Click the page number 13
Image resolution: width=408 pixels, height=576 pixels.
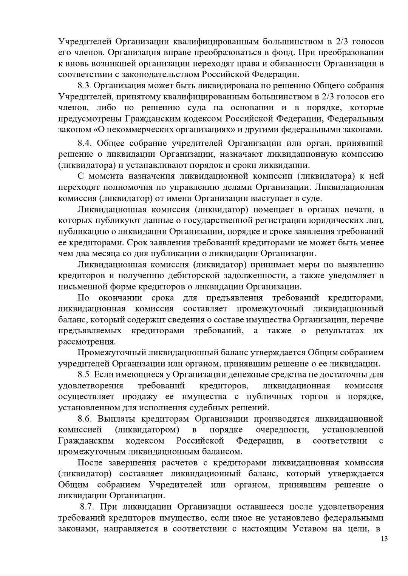coord(385,539)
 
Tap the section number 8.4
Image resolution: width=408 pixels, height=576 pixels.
coord(85,143)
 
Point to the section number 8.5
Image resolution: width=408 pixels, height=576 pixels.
coord(85,375)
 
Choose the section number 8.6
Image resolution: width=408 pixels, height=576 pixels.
coord(85,419)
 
